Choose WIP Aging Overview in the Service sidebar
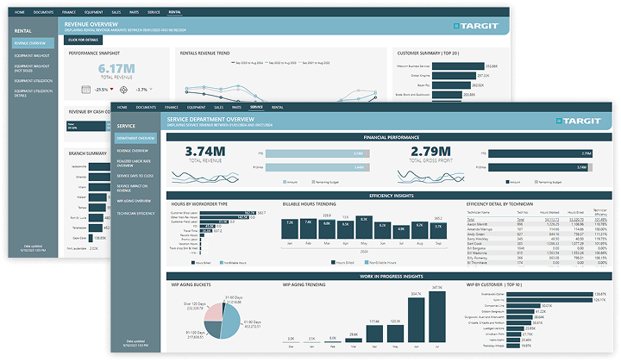click(x=135, y=200)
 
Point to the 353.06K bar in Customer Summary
click(x=458, y=66)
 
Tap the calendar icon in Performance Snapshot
click(x=86, y=89)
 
